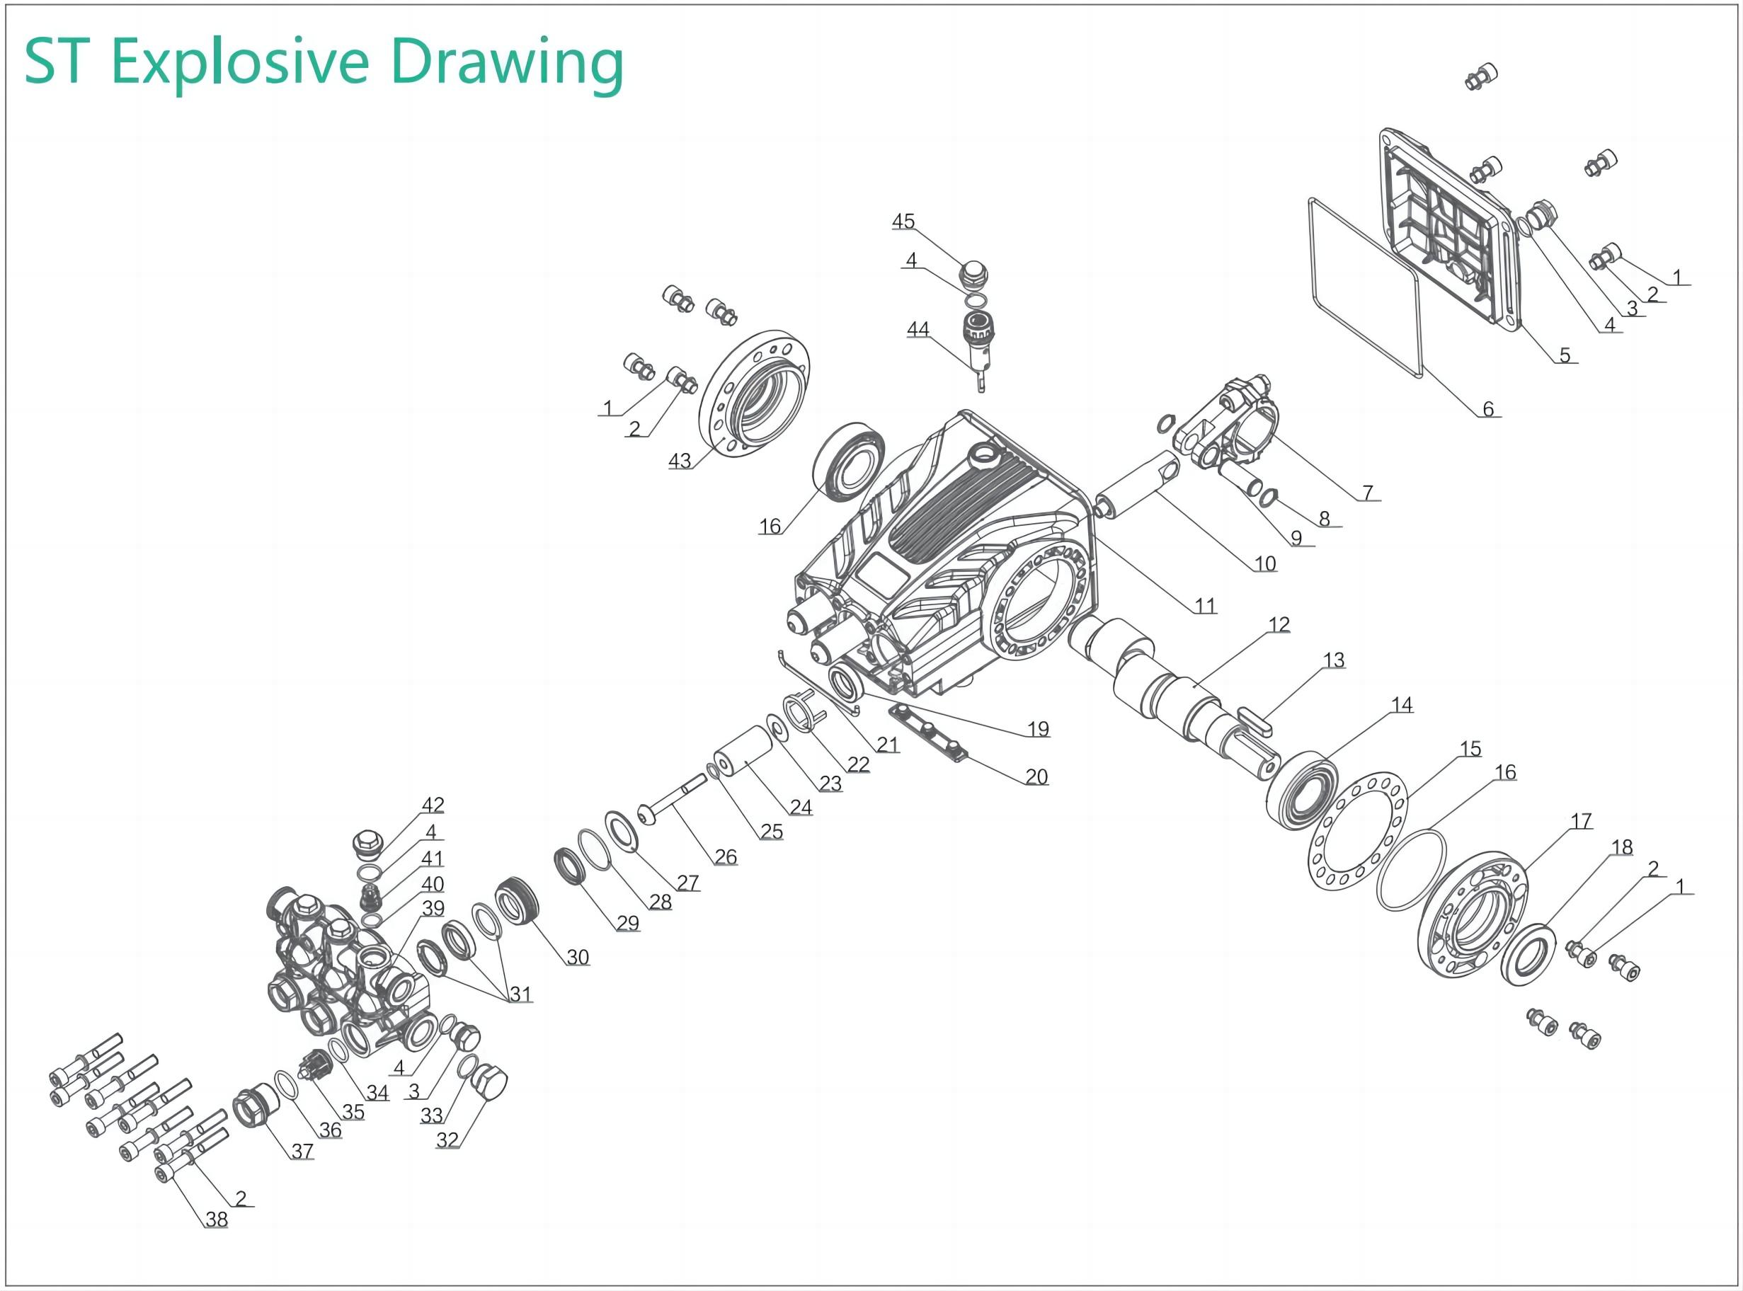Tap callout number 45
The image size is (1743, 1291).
[903, 221]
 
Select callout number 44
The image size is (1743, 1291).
[918, 330]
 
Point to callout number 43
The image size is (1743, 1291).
[679, 461]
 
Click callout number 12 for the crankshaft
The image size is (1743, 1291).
[1279, 624]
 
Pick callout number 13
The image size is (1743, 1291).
[1333, 660]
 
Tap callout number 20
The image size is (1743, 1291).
[1036, 776]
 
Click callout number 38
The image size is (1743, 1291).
[217, 1219]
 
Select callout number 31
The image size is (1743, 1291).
[520, 994]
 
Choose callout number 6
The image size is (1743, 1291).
[1488, 408]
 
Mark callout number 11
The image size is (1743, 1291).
[1205, 606]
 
